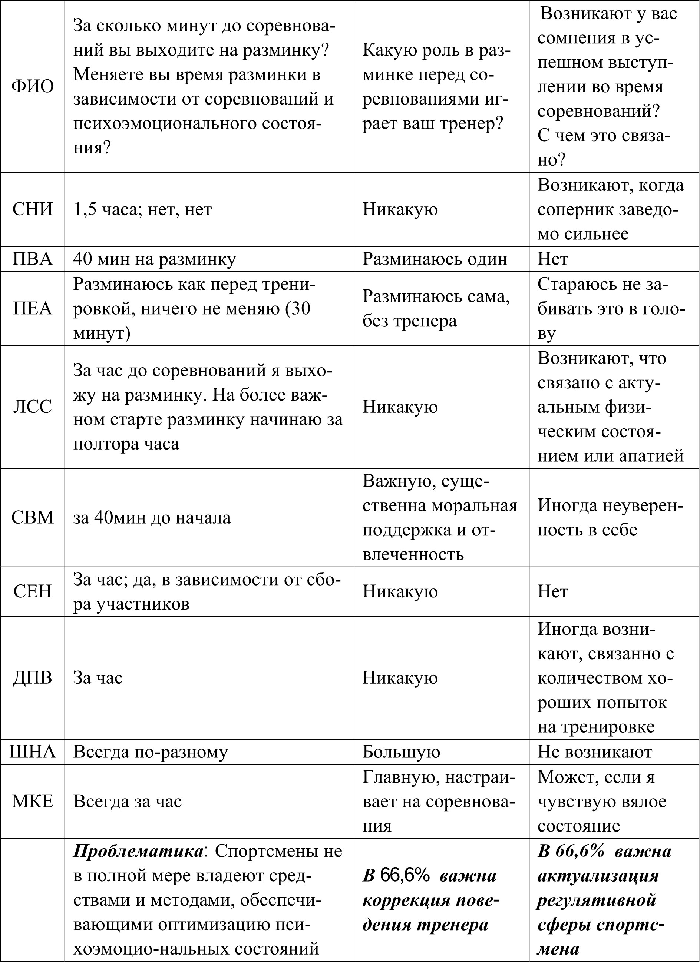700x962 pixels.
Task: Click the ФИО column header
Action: [x=33, y=87]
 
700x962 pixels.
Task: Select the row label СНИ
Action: [x=33, y=209]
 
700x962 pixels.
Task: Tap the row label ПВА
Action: [x=33, y=259]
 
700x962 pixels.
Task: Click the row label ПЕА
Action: [x=33, y=308]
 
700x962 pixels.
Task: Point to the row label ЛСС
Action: [x=33, y=407]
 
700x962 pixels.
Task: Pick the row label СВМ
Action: [x=33, y=517]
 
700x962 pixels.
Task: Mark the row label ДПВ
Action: [x=33, y=677]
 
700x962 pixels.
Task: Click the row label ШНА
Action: [x=33, y=752]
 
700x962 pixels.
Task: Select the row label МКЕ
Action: [x=33, y=801]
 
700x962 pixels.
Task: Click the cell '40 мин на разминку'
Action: [x=155, y=259]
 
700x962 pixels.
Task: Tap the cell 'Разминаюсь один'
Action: [x=435, y=259]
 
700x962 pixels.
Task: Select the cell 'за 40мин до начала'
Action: [x=152, y=517]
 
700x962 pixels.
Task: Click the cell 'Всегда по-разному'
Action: [x=151, y=752]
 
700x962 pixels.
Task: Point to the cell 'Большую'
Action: [x=401, y=752]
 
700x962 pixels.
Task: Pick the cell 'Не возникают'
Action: [x=595, y=752]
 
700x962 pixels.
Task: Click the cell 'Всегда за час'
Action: [x=127, y=801]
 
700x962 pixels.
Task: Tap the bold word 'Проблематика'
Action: [x=138, y=851]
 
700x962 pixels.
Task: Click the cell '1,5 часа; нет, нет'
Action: [x=143, y=209]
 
